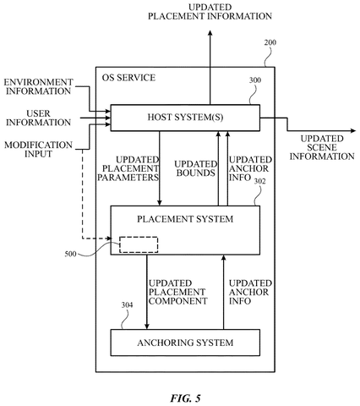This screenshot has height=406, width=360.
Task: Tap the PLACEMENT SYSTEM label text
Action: coord(185,219)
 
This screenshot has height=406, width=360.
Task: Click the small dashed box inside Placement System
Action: coord(139,244)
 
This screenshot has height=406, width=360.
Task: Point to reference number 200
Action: coord(270,42)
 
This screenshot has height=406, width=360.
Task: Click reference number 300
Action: coord(255,80)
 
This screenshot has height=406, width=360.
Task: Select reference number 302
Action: coord(259,181)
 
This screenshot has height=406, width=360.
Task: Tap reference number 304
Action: coord(127,305)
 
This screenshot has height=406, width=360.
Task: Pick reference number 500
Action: coord(70,254)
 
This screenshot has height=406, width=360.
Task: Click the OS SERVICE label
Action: coord(128,78)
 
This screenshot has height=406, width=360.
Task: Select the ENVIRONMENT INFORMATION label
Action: coord(38,86)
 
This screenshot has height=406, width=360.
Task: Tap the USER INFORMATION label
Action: coord(38,118)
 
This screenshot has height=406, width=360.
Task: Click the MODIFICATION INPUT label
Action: coord(38,150)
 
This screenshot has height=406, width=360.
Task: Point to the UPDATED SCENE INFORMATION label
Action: coord(322,147)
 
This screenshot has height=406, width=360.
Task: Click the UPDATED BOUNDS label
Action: coord(196,168)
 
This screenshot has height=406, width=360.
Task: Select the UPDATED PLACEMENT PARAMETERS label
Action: coord(128,168)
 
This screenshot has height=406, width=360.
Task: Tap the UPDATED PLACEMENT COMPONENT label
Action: coord(177,292)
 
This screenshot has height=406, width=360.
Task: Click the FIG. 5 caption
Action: coord(185,398)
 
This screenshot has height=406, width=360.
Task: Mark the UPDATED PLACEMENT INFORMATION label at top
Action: coord(210,12)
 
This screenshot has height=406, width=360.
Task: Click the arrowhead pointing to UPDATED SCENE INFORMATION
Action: coord(353,131)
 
